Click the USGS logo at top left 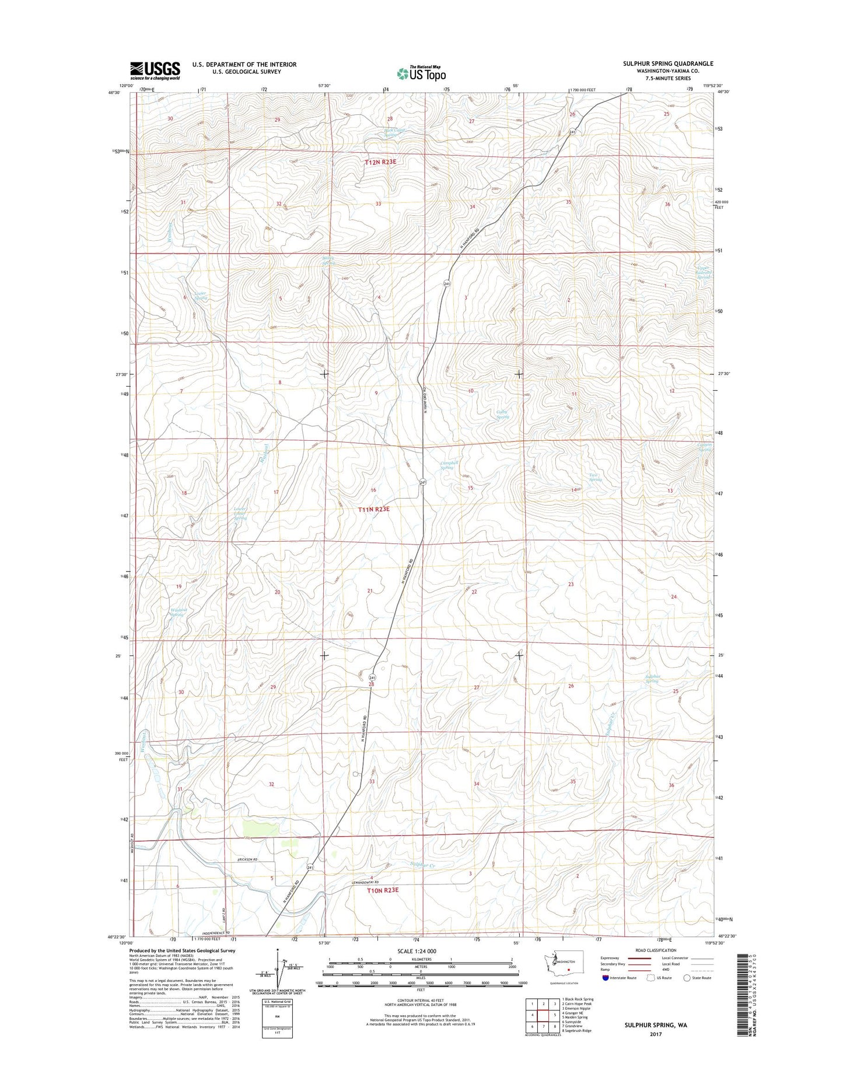point(155,70)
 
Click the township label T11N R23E point(373,509)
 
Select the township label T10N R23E point(383,890)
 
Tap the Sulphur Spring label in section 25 point(652,679)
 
